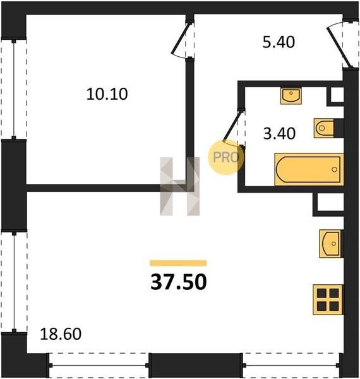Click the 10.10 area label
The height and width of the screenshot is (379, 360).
(x=107, y=94)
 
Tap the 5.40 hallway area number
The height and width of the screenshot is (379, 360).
(x=279, y=42)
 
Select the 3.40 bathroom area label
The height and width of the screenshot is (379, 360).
(x=279, y=133)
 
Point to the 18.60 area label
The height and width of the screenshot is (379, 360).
(x=61, y=334)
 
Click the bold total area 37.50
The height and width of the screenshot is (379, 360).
(x=179, y=282)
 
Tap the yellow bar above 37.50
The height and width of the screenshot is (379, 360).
(x=178, y=263)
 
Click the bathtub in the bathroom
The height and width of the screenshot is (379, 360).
(x=309, y=169)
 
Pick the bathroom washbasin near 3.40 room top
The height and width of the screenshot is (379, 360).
(x=291, y=96)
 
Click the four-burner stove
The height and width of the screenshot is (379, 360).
(x=328, y=299)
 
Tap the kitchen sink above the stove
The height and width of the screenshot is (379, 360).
(x=331, y=244)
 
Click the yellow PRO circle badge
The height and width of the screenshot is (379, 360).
(x=226, y=157)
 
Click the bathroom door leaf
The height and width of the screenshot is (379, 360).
(x=232, y=126)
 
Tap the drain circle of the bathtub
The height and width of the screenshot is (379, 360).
(x=334, y=169)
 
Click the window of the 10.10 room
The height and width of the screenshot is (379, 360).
(x=14, y=89)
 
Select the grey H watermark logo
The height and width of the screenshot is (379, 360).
(x=180, y=186)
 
